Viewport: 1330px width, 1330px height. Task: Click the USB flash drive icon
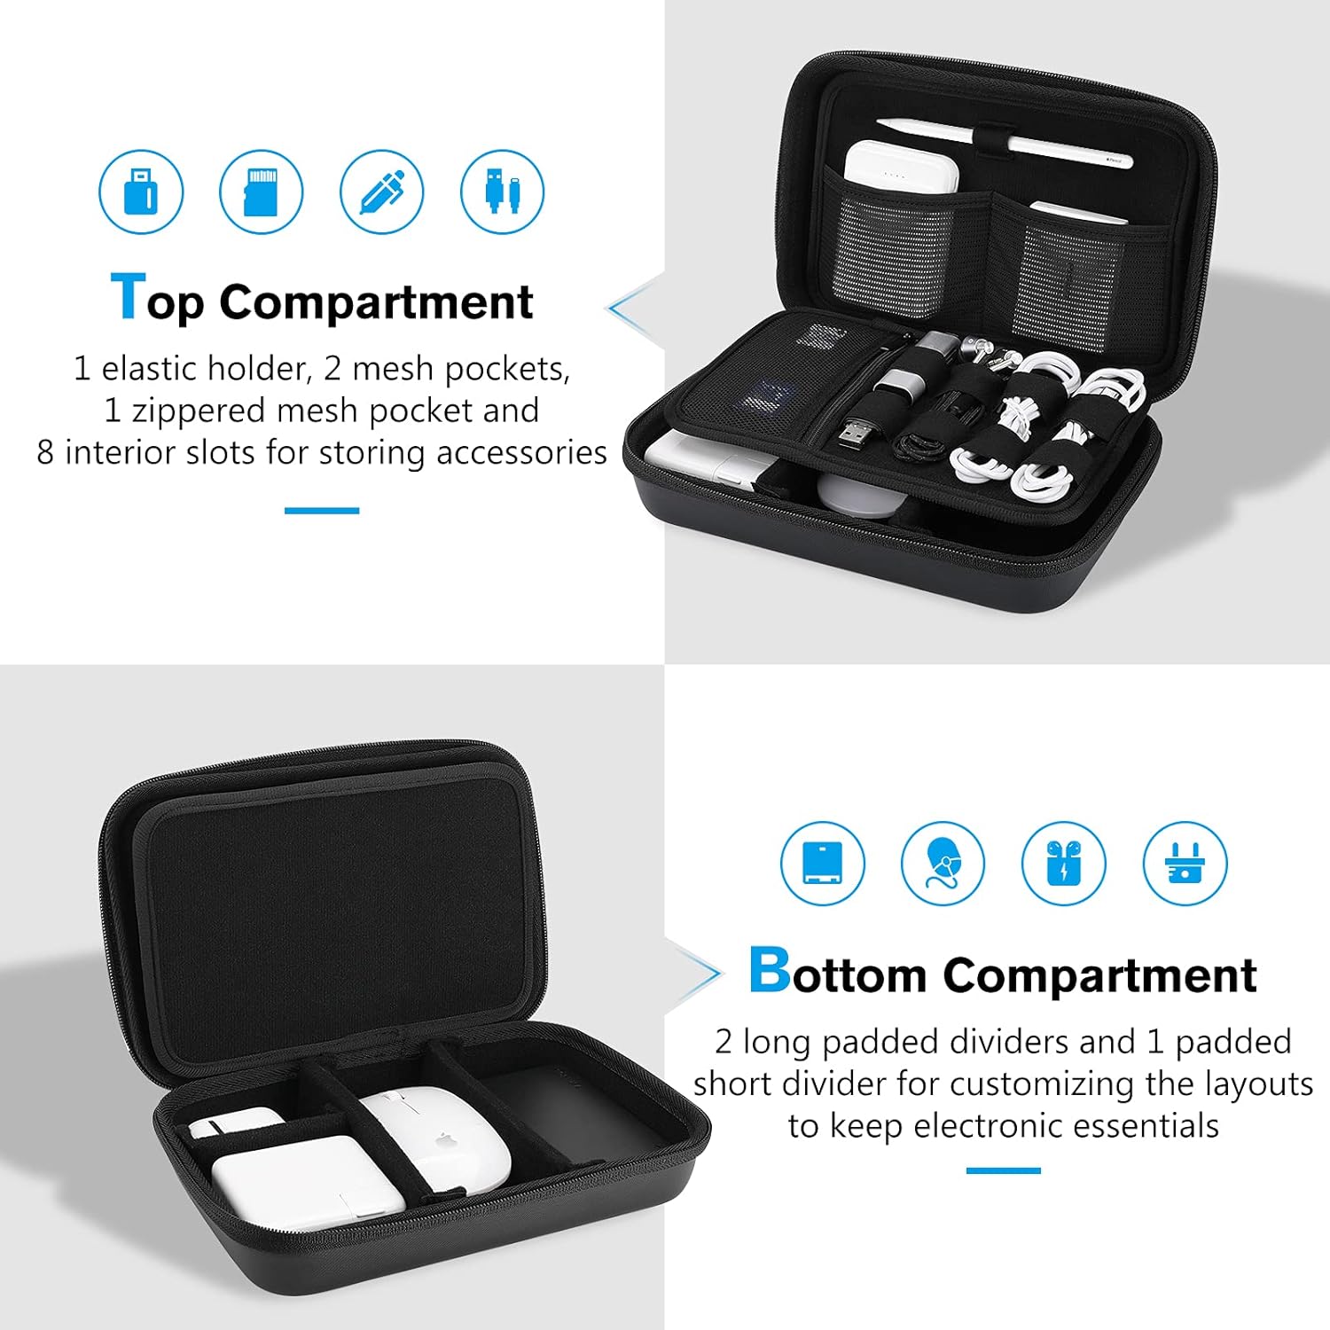[x=141, y=192]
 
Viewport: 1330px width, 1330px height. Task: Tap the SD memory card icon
[x=261, y=192]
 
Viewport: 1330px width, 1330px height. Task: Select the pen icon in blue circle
[x=381, y=192]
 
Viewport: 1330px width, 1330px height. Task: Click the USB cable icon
[x=502, y=192]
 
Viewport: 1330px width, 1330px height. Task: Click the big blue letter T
[x=128, y=297]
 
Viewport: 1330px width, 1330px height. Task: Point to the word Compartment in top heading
[x=376, y=302]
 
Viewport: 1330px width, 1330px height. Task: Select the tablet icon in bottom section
[x=822, y=863]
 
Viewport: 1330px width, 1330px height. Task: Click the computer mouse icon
[x=943, y=863]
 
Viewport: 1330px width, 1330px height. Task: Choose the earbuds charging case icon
[x=1063, y=863]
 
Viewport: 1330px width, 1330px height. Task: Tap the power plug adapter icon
[x=1185, y=863]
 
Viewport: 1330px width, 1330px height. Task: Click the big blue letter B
[x=769, y=970]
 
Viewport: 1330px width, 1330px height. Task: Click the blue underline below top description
[x=321, y=511]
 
